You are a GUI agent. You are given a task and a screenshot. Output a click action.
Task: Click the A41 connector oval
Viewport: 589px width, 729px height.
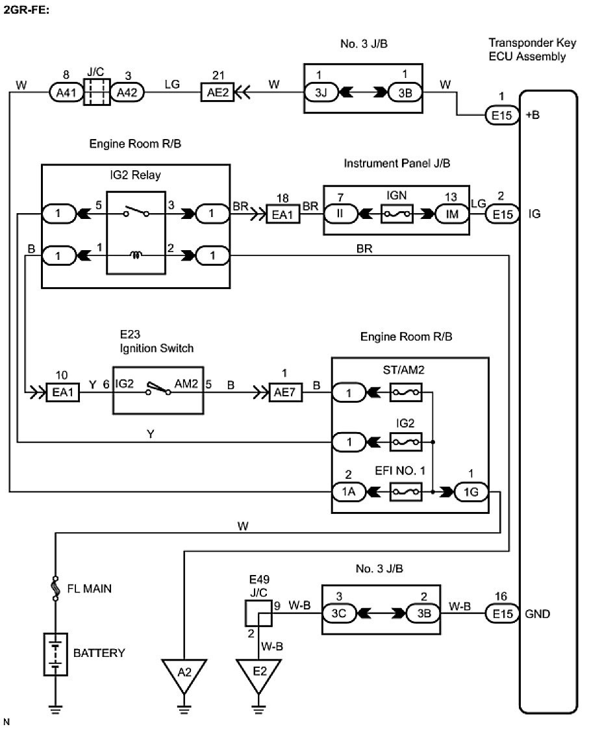pyautogui.click(x=66, y=93)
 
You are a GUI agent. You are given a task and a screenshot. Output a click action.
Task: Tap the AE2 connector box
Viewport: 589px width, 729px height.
pyautogui.click(x=218, y=93)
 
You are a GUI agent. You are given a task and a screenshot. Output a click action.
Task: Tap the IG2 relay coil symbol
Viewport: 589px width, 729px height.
pyautogui.click(x=136, y=256)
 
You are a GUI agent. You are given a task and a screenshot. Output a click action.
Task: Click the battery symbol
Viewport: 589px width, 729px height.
pyautogui.click(x=57, y=652)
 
